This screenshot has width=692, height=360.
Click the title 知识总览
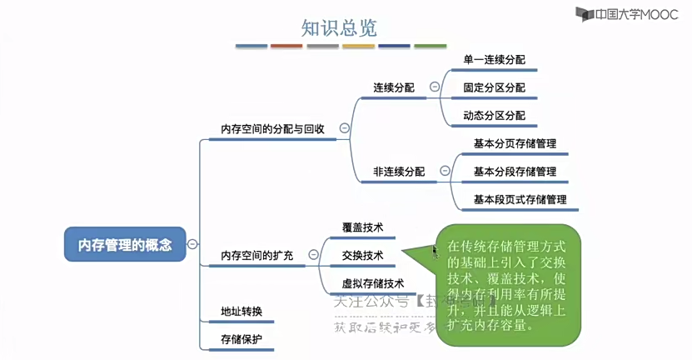[339, 27]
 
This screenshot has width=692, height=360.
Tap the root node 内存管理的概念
[125, 244]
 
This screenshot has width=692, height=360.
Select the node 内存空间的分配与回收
[272, 129]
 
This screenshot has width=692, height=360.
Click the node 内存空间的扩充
[256, 255]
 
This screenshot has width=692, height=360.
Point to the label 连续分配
[394, 87]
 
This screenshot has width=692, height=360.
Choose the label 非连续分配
[399, 172]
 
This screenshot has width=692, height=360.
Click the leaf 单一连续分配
[495, 60]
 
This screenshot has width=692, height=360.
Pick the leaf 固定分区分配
[495, 87]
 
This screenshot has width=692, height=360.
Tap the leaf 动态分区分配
[495, 116]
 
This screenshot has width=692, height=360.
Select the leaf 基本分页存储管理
[515, 143]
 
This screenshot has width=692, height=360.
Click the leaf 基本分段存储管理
[515, 172]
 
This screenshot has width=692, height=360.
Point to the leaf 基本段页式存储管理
[520, 200]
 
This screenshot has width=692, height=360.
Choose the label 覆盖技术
[363, 227]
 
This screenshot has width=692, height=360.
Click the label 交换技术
[363, 255]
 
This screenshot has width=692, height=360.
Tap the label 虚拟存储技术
[373, 283]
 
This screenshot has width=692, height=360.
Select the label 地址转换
[241, 312]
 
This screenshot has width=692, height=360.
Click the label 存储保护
[241, 339]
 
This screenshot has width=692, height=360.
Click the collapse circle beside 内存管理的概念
[192, 244]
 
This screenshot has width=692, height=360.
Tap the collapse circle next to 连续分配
[434, 87]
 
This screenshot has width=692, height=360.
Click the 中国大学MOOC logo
[630, 14]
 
